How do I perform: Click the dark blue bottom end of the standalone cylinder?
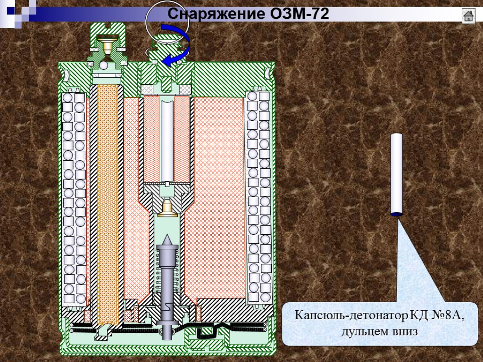(x=396, y=214)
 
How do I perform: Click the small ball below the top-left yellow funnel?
(x=104, y=65)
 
